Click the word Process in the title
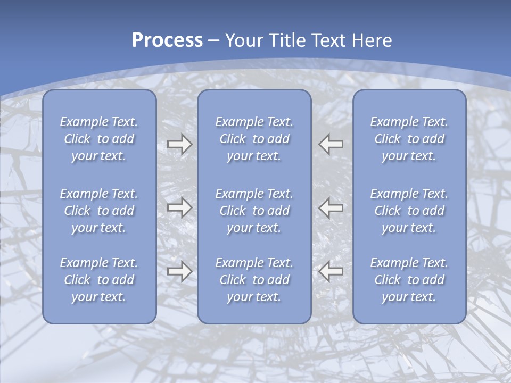(x=167, y=40)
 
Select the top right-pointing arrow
(x=179, y=144)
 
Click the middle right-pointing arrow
(x=179, y=207)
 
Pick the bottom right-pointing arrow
(x=179, y=271)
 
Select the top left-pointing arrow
(x=331, y=144)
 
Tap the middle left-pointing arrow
(x=331, y=207)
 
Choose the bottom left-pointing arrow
(x=331, y=271)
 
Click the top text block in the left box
(x=99, y=139)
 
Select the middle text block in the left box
(x=99, y=210)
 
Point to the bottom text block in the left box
(x=99, y=280)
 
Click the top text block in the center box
(x=254, y=139)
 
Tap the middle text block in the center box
(x=254, y=210)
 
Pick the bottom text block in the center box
(x=254, y=280)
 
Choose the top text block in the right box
(x=409, y=139)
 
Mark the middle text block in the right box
(x=409, y=210)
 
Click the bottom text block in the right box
(x=409, y=280)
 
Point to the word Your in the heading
(x=243, y=40)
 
